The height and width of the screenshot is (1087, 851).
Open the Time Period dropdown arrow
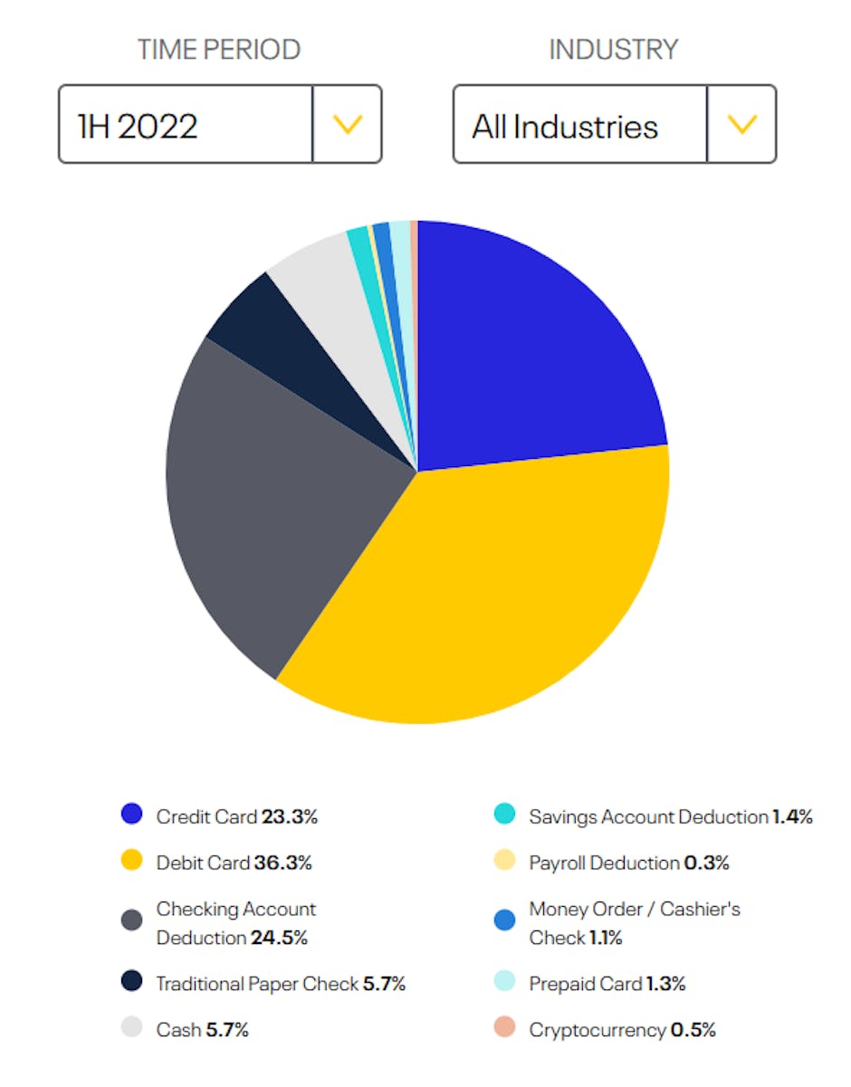[348, 125]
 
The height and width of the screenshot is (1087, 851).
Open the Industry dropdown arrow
[741, 125]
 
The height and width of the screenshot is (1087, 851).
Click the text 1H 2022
[139, 126]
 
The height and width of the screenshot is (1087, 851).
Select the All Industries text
[565, 126]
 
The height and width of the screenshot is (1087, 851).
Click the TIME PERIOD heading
[219, 50]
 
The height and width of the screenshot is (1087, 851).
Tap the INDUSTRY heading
[614, 50]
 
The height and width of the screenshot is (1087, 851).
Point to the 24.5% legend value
[279, 938]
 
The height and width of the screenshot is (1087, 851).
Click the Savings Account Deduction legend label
[648, 816]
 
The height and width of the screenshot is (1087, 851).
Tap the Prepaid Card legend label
[586, 983]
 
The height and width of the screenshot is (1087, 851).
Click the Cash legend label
[177, 1029]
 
